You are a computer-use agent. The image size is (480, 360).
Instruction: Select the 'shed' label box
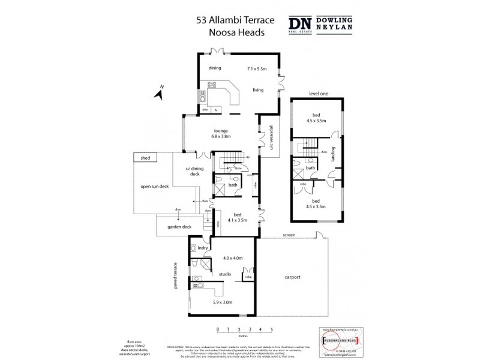[145, 158]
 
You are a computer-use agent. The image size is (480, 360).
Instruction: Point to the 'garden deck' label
[179, 227]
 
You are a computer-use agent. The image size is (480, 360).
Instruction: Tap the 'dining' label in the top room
[215, 68]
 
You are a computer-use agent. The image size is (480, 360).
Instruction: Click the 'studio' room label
[224, 274]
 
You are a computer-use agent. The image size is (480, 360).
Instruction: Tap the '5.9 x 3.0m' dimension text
[223, 302]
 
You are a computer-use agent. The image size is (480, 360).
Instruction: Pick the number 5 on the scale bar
[272, 329]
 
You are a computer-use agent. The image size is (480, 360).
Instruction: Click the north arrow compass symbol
[160, 92]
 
